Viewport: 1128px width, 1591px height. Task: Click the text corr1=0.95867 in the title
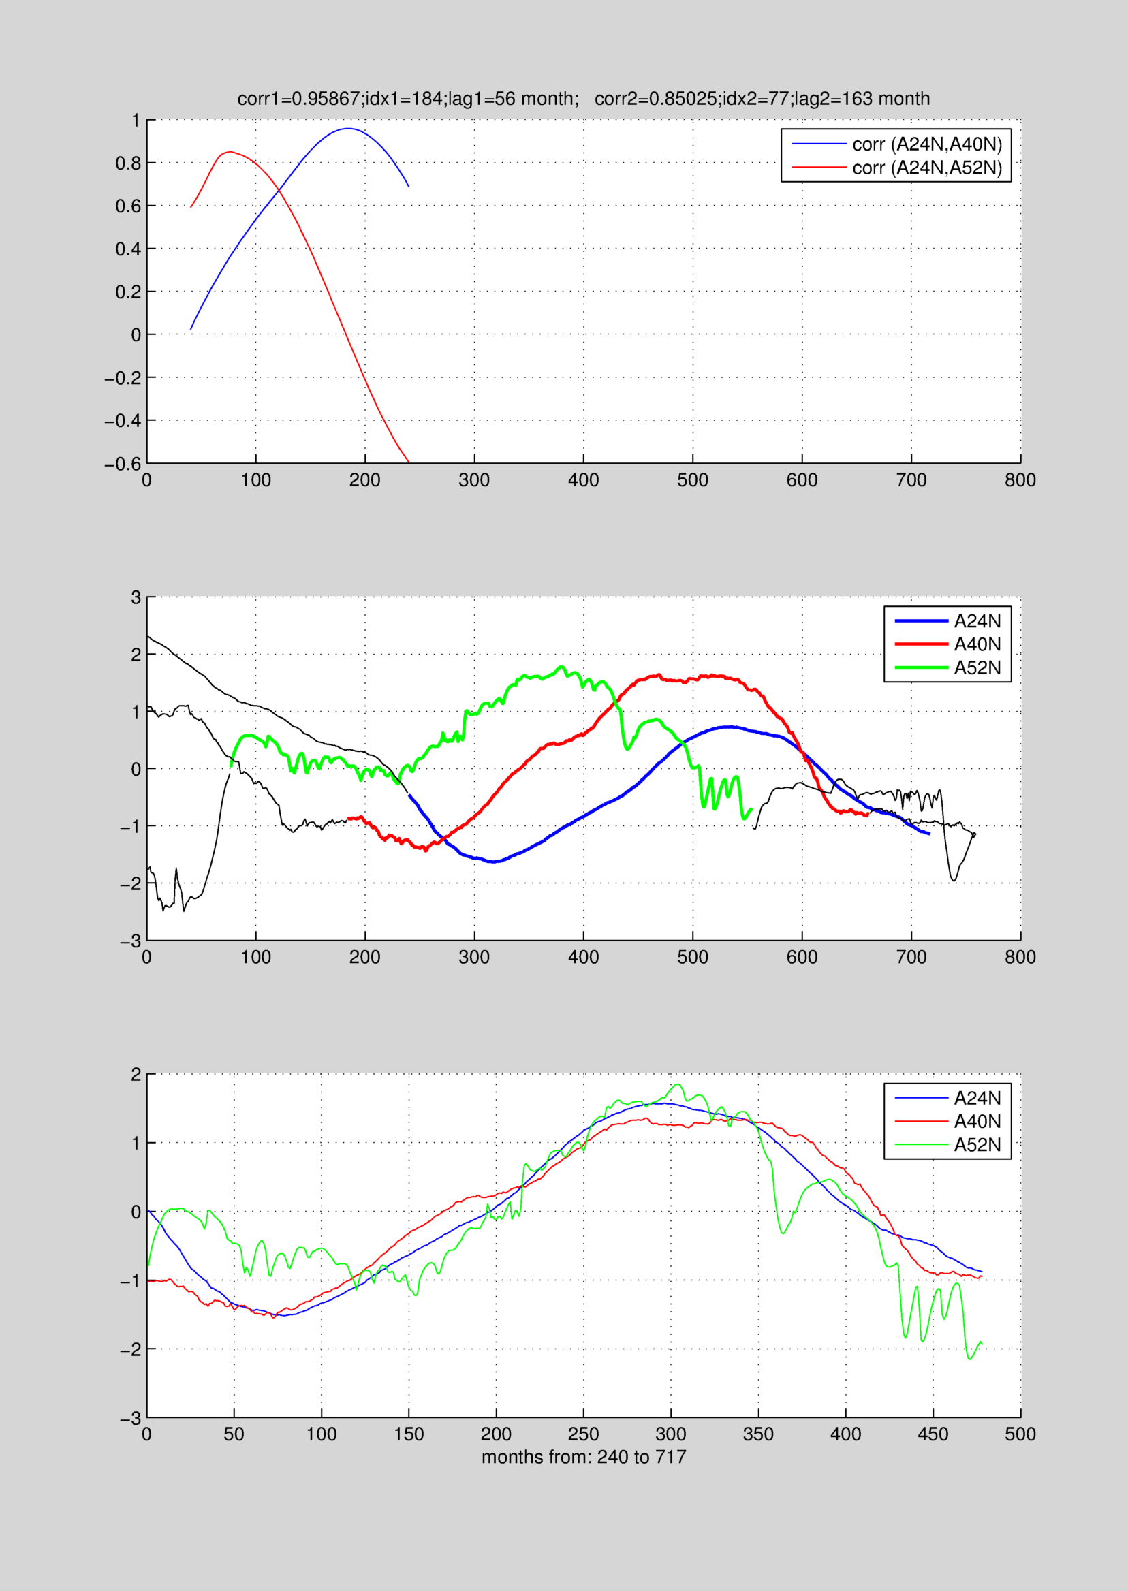point(298,99)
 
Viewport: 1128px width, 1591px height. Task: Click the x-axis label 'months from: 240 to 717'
point(584,1456)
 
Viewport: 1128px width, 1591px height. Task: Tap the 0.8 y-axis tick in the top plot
point(128,163)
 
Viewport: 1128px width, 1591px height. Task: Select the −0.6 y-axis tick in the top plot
point(122,463)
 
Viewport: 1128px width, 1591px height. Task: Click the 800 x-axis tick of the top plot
point(1020,480)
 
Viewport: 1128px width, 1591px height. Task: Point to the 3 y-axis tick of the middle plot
point(136,597)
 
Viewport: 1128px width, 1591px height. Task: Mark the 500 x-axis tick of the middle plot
point(693,957)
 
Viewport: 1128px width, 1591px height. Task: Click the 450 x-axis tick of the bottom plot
point(933,1434)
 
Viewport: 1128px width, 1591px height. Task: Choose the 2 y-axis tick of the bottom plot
point(136,1074)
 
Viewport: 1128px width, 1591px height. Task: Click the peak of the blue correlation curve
point(347,129)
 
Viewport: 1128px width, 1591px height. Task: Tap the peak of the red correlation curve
point(230,151)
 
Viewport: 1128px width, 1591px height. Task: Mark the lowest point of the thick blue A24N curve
point(494,862)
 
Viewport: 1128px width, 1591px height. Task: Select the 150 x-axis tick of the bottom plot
point(409,1434)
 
